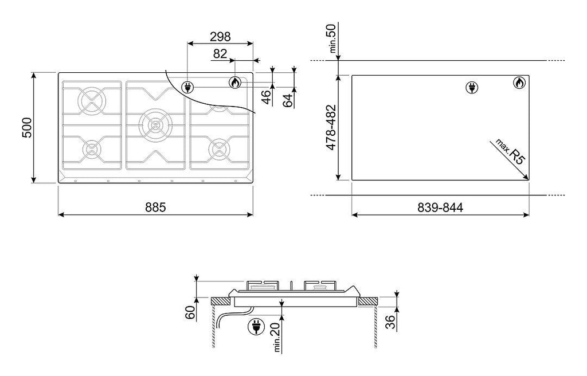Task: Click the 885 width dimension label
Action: [155, 207]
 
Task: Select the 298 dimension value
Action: [220, 37]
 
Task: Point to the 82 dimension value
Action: [220, 54]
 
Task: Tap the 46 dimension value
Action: [266, 97]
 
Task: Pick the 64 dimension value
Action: [288, 100]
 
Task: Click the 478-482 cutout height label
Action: [331, 128]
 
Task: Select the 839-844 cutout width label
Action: [440, 207]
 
